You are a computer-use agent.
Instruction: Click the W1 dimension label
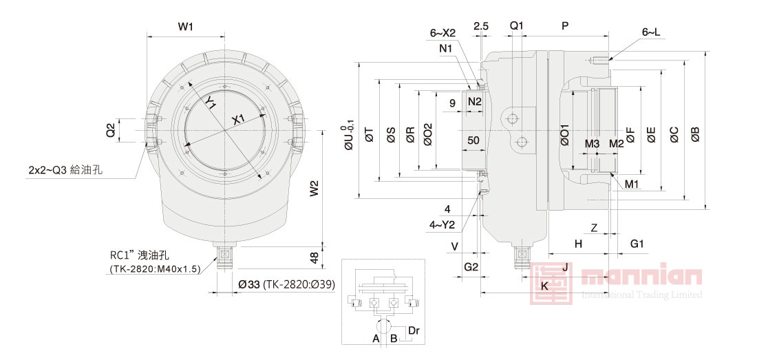click(x=185, y=27)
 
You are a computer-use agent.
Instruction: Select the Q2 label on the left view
click(x=110, y=130)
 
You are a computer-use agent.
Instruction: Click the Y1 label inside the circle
click(x=211, y=103)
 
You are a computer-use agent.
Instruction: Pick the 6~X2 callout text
click(x=443, y=32)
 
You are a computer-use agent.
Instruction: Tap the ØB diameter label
click(x=695, y=136)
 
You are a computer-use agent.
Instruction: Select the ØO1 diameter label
click(x=564, y=136)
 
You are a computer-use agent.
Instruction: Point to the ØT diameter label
click(x=370, y=136)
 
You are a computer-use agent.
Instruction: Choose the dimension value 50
click(x=473, y=140)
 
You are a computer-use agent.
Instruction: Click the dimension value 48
click(x=314, y=257)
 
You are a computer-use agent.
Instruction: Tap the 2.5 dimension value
click(x=481, y=26)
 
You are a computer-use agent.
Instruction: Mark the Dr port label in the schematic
click(x=414, y=331)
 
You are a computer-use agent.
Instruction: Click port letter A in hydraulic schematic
click(x=376, y=339)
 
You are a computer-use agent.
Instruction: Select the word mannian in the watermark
click(x=641, y=277)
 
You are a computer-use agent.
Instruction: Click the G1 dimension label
click(x=637, y=244)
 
